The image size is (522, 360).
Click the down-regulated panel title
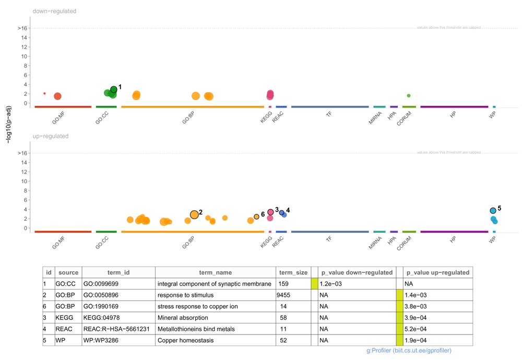(x=54, y=11)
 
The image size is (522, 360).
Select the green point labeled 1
(x=114, y=90)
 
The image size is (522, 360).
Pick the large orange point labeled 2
(x=194, y=214)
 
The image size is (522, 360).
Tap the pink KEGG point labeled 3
(x=270, y=212)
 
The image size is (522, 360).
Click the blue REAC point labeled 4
(x=281, y=212)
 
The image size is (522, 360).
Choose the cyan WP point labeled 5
(x=493, y=211)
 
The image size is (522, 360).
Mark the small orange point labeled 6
(x=256, y=217)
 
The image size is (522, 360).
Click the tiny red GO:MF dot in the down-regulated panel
(x=44, y=93)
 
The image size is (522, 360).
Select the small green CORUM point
(x=409, y=95)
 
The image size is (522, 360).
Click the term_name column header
(x=215, y=272)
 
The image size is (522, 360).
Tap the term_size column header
(x=293, y=272)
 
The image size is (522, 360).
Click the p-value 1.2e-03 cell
(x=330, y=284)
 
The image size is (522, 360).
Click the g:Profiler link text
(x=409, y=351)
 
